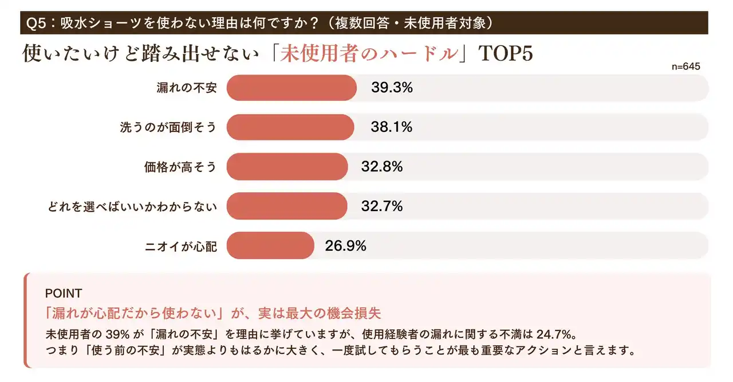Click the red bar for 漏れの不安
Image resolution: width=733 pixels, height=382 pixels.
pyautogui.click(x=291, y=88)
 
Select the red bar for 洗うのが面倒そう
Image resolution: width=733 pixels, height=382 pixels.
pyautogui.click(x=290, y=127)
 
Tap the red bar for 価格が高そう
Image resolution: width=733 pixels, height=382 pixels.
pyautogui.click(x=287, y=166)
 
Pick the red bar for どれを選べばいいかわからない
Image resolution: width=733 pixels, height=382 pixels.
pyautogui.click(x=287, y=206)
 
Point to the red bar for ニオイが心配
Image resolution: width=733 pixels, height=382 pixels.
pyautogui.click(x=270, y=245)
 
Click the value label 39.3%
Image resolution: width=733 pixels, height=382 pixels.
pyautogui.click(x=392, y=88)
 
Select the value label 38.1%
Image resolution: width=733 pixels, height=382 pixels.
pyautogui.click(x=391, y=127)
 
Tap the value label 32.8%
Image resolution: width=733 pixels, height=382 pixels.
pyautogui.click(x=381, y=166)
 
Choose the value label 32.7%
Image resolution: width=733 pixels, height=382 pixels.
pyautogui.click(x=381, y=206)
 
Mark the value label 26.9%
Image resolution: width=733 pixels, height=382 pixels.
pyautogui.click(x=345, y=245)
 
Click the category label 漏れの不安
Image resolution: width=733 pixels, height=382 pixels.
pyautogui.click(x=187, y=88)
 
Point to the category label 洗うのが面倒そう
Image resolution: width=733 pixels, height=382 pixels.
pyautogui.click(x=168, y=127)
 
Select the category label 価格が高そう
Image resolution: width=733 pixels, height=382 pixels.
pyautogui.click(x=180, y=167)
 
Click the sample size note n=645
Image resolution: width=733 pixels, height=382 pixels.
pyautogui.click(x=685, y=67)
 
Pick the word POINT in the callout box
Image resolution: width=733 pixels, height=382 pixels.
pyautogui.click(x=63, y=293)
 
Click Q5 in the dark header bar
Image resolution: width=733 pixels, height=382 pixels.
pyautogui.click(x=38, y=24)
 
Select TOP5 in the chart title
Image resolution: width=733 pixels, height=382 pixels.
pyautogui.click(x=505, y=53)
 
